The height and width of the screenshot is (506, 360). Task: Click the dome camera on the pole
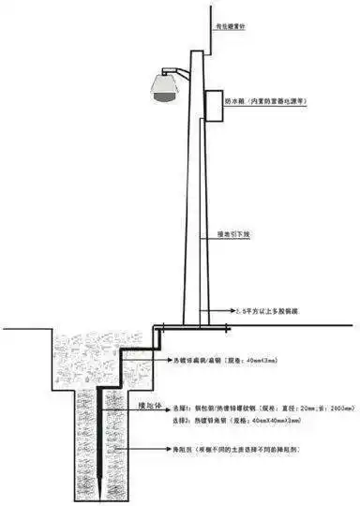(165, 86)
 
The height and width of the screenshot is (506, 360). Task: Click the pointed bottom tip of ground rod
(98, 498)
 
